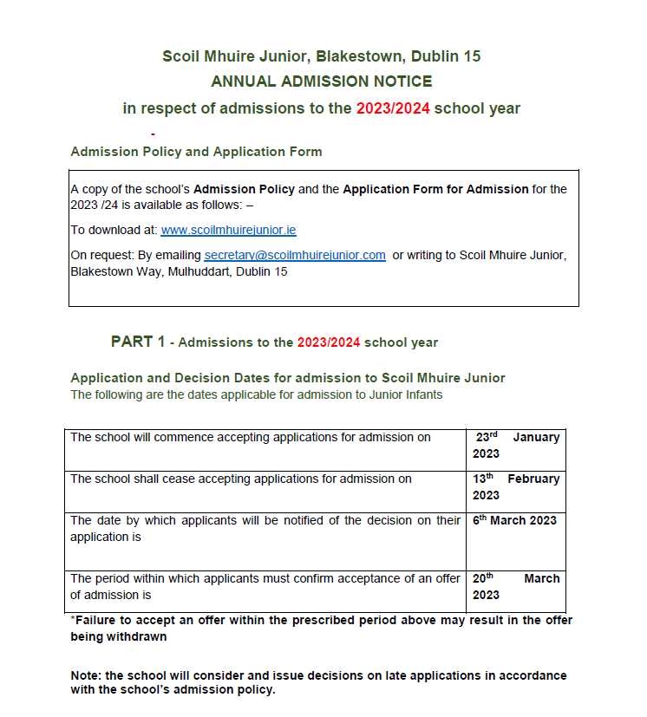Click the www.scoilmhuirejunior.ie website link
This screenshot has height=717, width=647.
tap(228, 230)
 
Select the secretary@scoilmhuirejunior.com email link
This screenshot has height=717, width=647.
tap(295, 255)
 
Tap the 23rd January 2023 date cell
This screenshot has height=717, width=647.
tap(516, 445)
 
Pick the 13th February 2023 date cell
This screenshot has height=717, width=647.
tap(516, 486)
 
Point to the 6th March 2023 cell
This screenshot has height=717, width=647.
tap(514, 520)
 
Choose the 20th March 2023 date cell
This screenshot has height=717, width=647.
tap(516, 586)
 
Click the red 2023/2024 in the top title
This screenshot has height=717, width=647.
tap(393, 109)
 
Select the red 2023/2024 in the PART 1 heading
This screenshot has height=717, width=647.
tap(329, 342)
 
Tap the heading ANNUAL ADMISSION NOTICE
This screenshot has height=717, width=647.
tap(322, 81)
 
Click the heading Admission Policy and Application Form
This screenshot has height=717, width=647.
tap(196, 152)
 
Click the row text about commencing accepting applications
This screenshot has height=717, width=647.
tap(251, 437)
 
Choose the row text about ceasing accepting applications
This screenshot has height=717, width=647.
tap(241, 479)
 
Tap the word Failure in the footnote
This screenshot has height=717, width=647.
tap(97, 621)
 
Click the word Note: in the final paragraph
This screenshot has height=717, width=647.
tap(88, 675)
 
